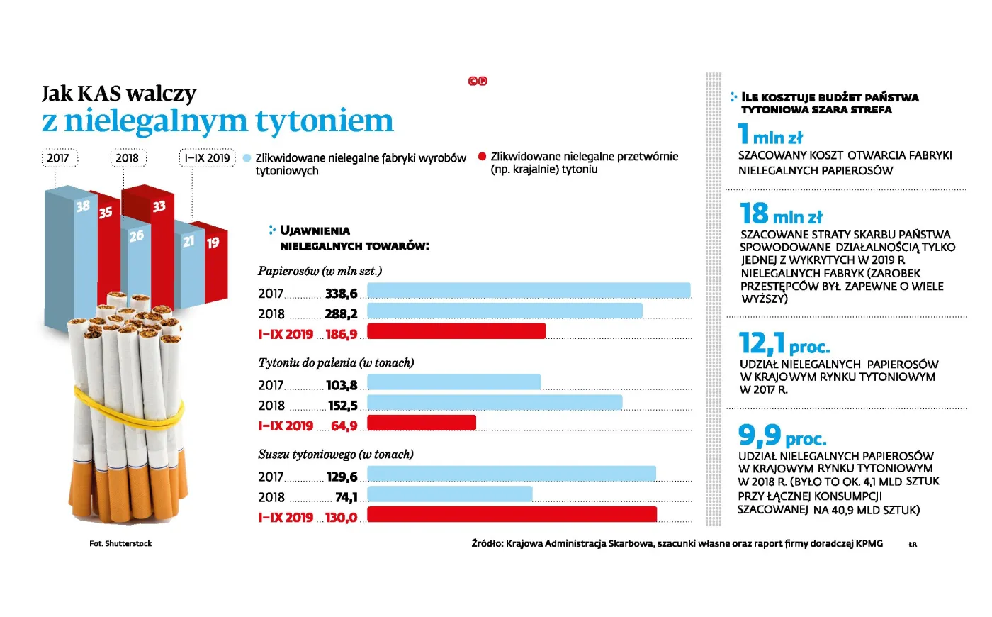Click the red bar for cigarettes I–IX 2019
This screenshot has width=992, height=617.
click(x=456, y=331)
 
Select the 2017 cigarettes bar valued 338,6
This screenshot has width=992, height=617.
click(x=529, y=290)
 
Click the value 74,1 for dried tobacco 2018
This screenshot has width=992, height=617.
click(x=346, y=498)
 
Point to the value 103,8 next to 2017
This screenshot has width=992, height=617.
click(x=342, y=386)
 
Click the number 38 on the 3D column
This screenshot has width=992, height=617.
click(x=83, y=206)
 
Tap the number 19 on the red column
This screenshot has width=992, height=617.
click(x=213, y=243)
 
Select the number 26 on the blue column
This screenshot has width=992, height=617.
click(x=136, y=236)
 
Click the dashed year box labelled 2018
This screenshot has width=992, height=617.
click(x=128, y=158)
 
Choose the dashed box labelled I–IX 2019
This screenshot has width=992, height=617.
click(x=207, y=158)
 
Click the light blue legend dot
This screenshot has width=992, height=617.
click(x=247, y=157)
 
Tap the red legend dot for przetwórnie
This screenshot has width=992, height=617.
click(x=482, y=157)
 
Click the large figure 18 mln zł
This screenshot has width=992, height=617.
click(x=781, y=214)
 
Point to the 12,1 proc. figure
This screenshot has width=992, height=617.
click(x=784, y=344)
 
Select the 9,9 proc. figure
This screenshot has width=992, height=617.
click(x=782, y=435)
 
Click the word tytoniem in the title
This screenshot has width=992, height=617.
click(x=324, y=121)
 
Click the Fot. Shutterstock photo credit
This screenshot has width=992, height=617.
click(x=120, y=544)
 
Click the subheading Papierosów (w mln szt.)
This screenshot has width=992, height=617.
click(x=320, y=271)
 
